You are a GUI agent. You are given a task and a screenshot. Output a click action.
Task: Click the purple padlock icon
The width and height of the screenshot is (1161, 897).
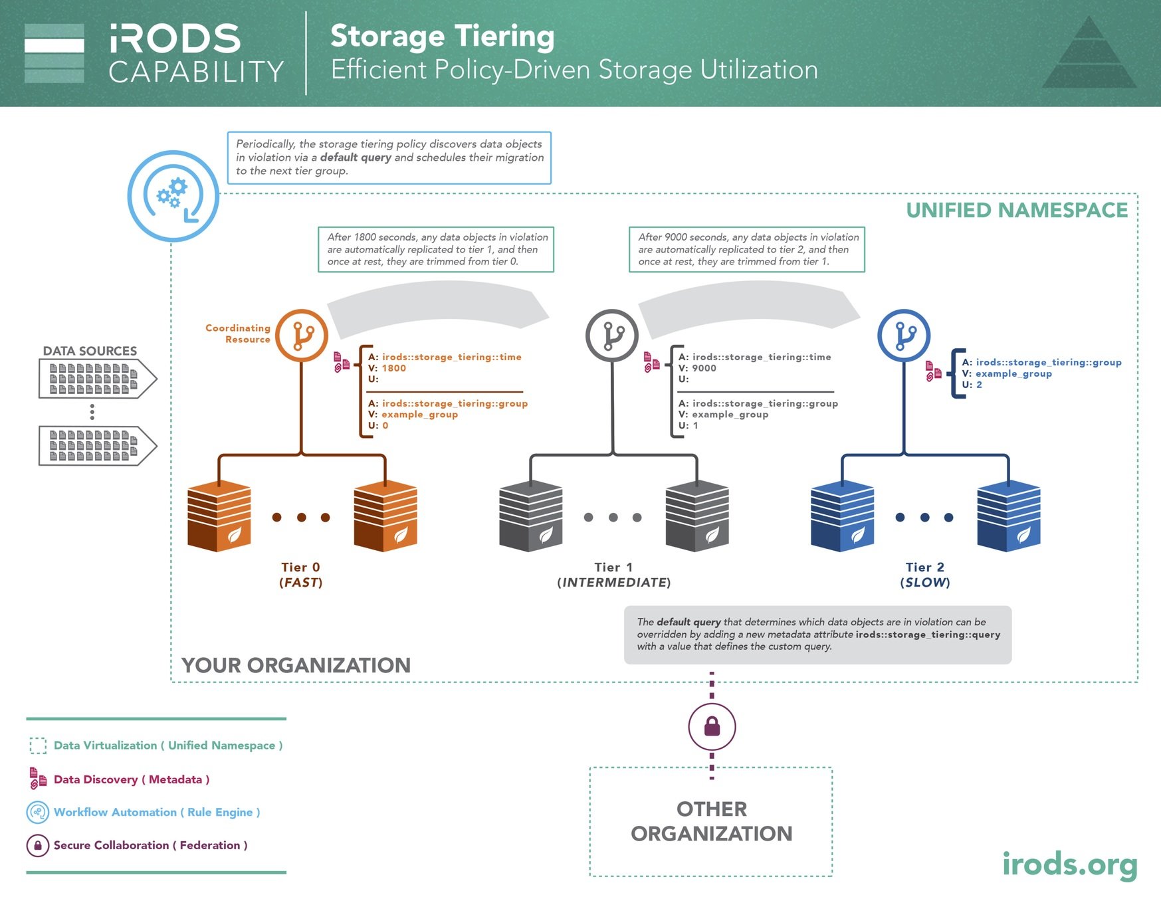[712, 726]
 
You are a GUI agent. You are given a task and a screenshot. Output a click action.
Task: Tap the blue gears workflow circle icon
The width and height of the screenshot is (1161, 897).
[173, 196]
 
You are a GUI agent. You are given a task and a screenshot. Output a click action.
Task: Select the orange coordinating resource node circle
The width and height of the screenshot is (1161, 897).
[302, 336]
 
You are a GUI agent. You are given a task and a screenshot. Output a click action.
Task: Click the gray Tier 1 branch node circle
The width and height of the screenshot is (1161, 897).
[612, 336]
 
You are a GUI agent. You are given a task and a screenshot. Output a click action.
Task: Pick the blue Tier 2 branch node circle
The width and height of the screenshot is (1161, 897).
[904, 336]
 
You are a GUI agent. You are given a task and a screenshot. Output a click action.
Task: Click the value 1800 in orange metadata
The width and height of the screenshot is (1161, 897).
[393, 368]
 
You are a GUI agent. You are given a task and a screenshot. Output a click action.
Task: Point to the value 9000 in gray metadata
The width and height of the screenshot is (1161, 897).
[704, 368]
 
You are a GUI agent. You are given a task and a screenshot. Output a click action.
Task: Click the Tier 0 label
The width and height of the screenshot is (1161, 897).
[300, 567]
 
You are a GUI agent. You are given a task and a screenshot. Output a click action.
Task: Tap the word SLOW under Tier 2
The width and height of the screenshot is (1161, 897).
[925, 583]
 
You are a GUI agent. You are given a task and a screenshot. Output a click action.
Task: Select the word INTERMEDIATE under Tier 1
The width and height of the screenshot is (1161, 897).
[614, 583]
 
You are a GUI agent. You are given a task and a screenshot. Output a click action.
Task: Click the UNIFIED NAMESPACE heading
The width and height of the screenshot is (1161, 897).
[1017, 211]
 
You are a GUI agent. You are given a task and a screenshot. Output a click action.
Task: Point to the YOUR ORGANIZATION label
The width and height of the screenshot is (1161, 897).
[296, 665]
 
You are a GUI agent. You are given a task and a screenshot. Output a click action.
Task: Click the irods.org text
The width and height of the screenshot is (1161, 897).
[1069, 864]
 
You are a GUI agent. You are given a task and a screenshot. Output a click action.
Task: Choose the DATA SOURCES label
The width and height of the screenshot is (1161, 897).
[90, 351]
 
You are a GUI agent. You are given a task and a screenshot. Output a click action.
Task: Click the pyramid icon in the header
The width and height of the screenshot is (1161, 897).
[1089, 53]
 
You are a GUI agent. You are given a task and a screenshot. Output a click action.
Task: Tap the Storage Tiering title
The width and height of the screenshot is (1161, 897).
[442, 36]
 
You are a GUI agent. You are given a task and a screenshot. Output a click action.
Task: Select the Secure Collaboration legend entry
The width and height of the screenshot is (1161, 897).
[150, 845]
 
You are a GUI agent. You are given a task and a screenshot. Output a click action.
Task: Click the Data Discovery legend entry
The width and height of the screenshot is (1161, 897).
[132, 779]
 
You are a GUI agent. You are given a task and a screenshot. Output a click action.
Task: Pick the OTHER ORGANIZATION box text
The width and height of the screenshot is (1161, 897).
[711, 821]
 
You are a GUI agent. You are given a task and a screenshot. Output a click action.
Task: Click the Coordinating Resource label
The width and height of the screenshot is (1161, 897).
[238, 334]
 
